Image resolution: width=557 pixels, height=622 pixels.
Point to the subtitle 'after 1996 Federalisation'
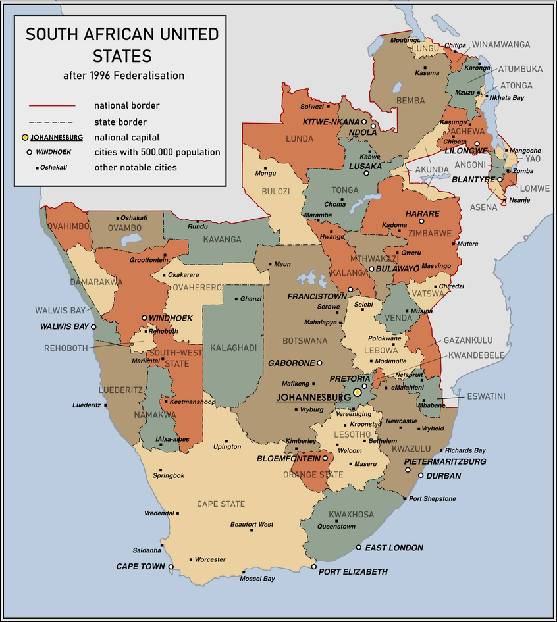click(x=124, y=76)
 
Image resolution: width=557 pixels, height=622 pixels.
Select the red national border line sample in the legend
click(x=51, y=105)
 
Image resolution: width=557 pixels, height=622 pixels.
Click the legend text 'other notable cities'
click(x=135, y=167)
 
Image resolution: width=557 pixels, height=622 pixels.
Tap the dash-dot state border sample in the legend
click(x=51, y=122)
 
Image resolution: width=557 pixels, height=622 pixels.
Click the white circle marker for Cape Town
click(x=171, y=567)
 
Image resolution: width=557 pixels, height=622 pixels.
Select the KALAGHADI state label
click(x=233, y=347)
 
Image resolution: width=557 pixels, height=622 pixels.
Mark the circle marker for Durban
click(x=421, y=475)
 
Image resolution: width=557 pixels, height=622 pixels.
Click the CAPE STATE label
click(x=221, y=504)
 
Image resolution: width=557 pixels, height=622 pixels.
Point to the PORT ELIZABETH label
click(x=353, y=572)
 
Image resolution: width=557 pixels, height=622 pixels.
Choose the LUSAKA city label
click(x=361, y=167)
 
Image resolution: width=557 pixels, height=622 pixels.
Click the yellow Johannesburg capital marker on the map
click(x=357, y=392)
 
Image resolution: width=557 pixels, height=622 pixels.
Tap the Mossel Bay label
click(x=257, y=579)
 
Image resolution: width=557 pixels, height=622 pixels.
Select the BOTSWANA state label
click(x=305, y=341)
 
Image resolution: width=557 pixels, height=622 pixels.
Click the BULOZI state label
click(x=277, y=191)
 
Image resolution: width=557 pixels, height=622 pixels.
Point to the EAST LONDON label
click(x=394, y=548)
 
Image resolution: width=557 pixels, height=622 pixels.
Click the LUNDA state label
click(x=300, y=139)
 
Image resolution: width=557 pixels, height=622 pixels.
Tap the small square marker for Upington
click(x=226, y=440)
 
